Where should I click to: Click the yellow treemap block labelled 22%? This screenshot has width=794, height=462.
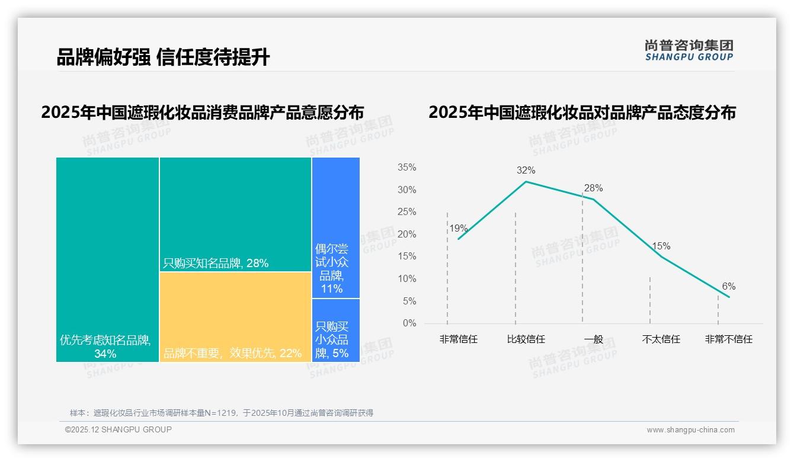pyautogui.click(x=235, y=317)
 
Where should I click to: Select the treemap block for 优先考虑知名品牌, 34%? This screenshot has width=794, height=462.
pyautogui.click(x=107, y=259)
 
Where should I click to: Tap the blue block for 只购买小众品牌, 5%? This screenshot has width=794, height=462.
pyautogui.click(x=336, y=331)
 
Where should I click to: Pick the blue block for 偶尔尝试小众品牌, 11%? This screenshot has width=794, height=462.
pyautogui.click(x=336, y=227)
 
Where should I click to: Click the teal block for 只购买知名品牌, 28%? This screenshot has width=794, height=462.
pyautogui.click(x=235, y=214)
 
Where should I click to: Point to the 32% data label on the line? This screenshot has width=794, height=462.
pyautogui.click(x=526, y=171)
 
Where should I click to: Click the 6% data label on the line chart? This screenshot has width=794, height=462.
pyautogui.click(x=728, y=287)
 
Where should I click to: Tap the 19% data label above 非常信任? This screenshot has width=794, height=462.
pyautogui.click(x=458, y=229)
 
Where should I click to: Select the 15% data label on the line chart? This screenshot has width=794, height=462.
pyautogui.click(x=661, y=246)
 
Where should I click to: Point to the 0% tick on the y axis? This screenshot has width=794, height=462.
pyautogui.click(x=409, y=323)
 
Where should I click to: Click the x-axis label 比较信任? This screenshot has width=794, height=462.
pyautogui.click(x=526, y=339)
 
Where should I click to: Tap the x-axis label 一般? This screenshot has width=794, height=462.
pyautogui.click(x=594, y=339)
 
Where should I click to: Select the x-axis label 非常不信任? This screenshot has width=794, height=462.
pyautogui.click(x=728, y=339)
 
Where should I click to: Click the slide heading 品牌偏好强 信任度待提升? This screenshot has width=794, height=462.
pyautogui.click(x=163, y=57)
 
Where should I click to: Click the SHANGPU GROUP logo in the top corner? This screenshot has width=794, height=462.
pyautogui.click(x=689, y=50)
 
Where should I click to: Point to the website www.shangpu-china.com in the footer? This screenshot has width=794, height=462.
pyautogui.click(x=690, y=430)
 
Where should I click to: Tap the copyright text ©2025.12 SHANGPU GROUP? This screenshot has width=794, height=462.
pyautogui.click(x=119, y=429)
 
